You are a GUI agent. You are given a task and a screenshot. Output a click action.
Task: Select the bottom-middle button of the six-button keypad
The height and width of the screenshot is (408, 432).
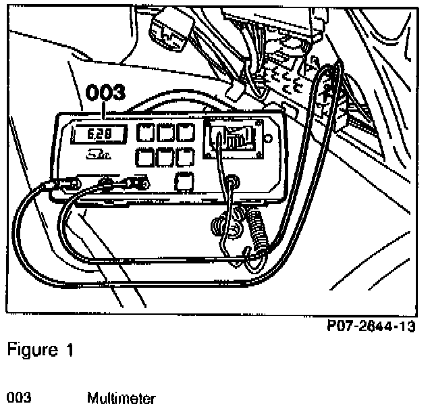tap(165, 158)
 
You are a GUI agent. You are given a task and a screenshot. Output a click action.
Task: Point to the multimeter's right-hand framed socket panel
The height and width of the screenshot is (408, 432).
tap(234, 141)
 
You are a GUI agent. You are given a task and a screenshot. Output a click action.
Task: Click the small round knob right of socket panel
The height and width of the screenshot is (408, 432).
tap(269, 139)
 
